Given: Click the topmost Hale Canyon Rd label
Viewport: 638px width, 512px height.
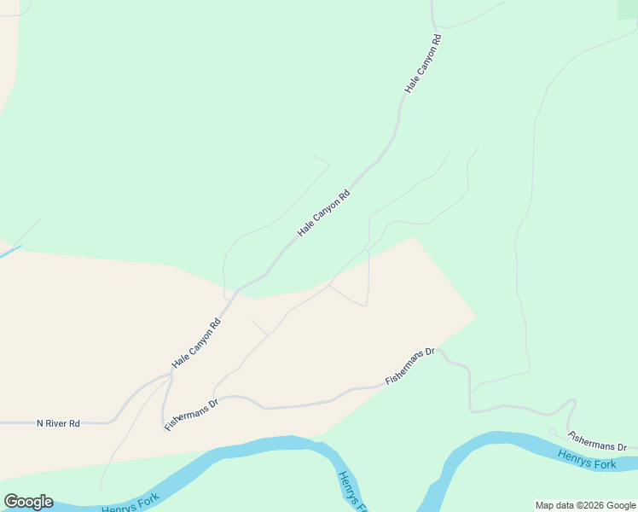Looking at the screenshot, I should [422, 63].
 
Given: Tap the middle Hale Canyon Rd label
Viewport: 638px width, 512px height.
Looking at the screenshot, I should [323, 213].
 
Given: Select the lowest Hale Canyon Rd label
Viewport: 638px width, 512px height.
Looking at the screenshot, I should [196, 343].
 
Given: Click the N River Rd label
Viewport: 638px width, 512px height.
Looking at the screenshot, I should [58, 423].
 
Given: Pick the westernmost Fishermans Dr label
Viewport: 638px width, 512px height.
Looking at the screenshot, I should [192, 413].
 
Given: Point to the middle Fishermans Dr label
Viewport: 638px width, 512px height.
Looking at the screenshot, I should [410, 365].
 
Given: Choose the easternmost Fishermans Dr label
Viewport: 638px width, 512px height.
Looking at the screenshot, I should [598, 441].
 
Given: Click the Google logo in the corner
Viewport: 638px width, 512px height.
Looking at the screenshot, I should [28, 502].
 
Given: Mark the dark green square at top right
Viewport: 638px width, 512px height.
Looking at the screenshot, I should [627, 8].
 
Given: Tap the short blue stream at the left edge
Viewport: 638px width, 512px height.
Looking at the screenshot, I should [9, 252].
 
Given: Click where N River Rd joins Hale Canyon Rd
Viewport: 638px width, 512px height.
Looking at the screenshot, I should [171, 375].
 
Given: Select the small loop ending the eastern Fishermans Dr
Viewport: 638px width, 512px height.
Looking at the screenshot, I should [554, 432].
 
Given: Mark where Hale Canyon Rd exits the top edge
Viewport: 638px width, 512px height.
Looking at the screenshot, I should [432, 3].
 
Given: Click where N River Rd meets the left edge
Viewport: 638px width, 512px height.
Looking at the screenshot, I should [2, 422].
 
